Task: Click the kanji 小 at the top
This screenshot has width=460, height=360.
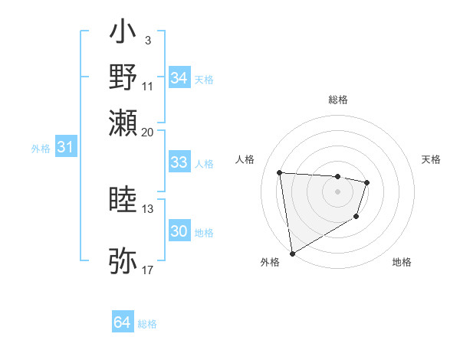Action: [123, 34]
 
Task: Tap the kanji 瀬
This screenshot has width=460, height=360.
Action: [123, 123]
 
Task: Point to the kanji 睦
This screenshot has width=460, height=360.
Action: [123, 200]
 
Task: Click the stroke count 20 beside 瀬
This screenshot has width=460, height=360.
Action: [148, 132]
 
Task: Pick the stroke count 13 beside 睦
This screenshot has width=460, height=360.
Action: [148, 208]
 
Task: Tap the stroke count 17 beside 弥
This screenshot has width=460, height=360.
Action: [148, 270]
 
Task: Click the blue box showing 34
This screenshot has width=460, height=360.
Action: [179, 78]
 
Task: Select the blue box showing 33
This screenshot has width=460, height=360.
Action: [179, 162]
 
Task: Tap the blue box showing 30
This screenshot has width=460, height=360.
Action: [179, 231]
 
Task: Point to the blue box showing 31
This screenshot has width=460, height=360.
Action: [65, 147]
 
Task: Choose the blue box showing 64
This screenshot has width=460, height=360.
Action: [123, 323]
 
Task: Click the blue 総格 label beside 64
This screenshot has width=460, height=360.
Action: [147, 324]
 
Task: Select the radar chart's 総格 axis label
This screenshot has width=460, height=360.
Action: [338, 100]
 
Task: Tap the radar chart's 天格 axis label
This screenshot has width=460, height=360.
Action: [432, 159]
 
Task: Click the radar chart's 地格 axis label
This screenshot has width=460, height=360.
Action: [402, 262]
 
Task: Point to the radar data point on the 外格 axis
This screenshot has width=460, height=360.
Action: [292, 253]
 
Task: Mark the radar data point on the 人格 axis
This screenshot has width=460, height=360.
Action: [280, 172]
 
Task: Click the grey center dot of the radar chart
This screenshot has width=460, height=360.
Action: [338, 191]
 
